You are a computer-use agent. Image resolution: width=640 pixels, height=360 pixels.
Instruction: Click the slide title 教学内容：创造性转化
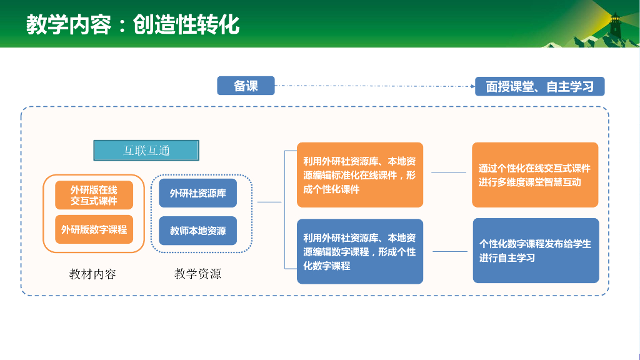[132, 24]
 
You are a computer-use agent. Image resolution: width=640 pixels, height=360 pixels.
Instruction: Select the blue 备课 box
[246, 86]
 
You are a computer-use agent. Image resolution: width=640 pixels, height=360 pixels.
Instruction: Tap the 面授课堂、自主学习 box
[539, 86]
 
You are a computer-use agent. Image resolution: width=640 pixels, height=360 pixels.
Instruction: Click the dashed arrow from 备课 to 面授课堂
[375, 86]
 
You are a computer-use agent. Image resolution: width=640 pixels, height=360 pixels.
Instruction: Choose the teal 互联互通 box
[146, 151]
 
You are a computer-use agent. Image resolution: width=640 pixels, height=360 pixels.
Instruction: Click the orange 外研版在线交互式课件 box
[94, 195]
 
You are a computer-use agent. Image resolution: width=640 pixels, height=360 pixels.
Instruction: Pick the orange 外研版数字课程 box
[94, 229]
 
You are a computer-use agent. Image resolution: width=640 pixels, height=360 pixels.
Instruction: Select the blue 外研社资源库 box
[197, 193]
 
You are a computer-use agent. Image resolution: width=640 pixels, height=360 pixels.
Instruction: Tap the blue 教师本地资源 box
[197, 231]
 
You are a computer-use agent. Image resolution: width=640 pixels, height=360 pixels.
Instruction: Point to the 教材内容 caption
[92, 274]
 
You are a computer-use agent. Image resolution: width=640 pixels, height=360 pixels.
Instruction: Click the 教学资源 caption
[197, 274]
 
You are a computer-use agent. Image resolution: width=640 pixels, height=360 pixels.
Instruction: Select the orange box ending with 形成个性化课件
[359, 175]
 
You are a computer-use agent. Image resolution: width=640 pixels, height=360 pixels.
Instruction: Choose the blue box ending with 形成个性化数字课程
[359, 251]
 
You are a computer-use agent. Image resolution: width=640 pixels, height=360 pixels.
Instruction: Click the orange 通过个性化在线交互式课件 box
[534, 175]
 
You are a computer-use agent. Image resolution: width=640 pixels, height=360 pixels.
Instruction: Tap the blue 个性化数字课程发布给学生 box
[536, 250]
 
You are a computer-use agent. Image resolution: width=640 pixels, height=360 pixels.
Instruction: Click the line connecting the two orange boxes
[448, 172]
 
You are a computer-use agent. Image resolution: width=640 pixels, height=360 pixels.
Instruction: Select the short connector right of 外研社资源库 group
[269, 202]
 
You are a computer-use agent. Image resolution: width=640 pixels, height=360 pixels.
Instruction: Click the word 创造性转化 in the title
[186, 24]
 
